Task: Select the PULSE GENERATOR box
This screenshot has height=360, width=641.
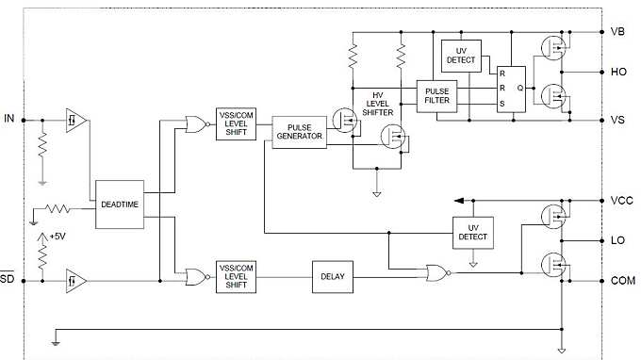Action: pyautogui.click(x=298, y=131)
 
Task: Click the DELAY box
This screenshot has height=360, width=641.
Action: pyautogui.click(x=333, y=277)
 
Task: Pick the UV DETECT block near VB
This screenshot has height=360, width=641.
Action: pyautogui.click(x=461, y=56)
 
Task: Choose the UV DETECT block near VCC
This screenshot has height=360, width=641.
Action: pyautogui.click(x=473, y=231)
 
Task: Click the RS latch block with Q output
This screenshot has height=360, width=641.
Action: pyautogui.click(x=512, y=88)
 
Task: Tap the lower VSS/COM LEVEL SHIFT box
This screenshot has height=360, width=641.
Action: pyautogui.click(x=236, y=276)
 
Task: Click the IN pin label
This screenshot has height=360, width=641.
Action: pyautogui.click(x=9, y=120)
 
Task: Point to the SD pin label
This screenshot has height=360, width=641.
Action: pyautogui.click(x=8, y=280)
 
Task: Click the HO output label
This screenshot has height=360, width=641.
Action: pyautogui.click(x=618, y=72)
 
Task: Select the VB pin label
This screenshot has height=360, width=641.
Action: pyautogui.click(x=618, y=31)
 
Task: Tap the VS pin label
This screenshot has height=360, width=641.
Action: pyautogui.click(x=618, y=121)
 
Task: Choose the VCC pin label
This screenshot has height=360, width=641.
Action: pyautogui.click(x=621, y=201)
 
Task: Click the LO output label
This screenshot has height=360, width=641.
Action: pyautogui.click(x=618, y=241)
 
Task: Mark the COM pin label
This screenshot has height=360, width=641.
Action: pyautogui.click(x=623, y=281)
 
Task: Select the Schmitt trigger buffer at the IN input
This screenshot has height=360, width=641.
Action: pyautogui.click(x=74, y=120)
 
